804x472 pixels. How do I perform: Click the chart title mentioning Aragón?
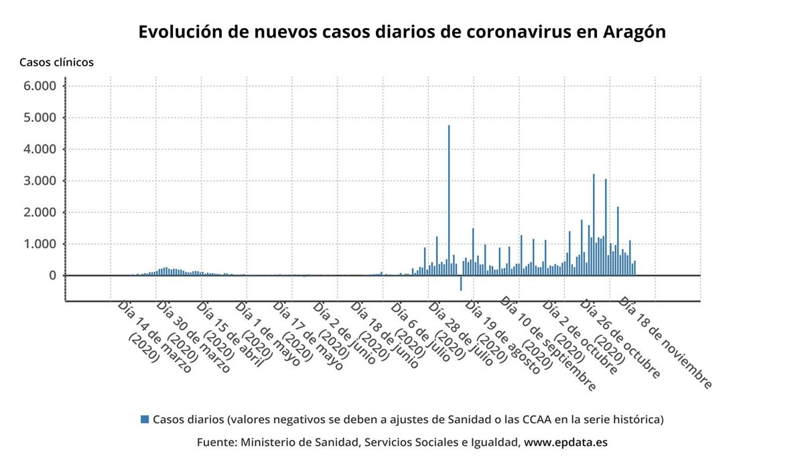point(402,32)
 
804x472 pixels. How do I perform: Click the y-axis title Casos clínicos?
point(56,62)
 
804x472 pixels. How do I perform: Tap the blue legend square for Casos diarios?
point(145,419)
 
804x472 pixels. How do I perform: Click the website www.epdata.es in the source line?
point(565,443)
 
